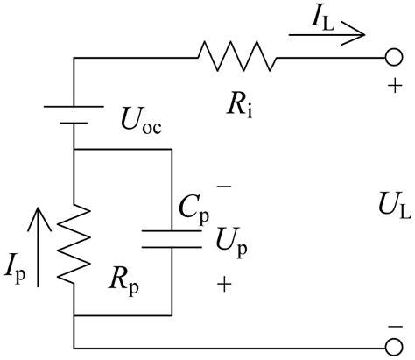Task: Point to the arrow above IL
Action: (x=325, y=36)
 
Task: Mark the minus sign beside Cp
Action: (x=224, y=187)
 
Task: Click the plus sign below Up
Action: (x=225, y=282)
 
